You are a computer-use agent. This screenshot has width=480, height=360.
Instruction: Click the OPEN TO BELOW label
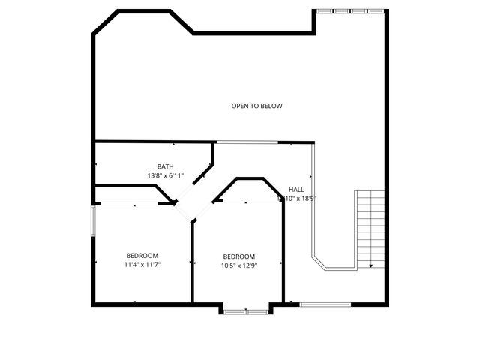[256, 106]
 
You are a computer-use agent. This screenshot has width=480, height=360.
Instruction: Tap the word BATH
[165, 166]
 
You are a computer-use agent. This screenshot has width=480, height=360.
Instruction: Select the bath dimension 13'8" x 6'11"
[165, 176]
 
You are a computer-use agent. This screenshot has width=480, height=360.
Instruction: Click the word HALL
[296, 190]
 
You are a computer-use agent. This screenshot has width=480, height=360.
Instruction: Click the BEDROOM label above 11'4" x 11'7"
[142, 255]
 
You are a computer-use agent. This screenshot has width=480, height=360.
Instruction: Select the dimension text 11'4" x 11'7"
[142, 265]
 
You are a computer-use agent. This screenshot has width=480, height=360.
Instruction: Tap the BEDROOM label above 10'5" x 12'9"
[238, 256]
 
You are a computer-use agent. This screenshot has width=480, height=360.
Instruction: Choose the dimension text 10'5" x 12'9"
[238, 265]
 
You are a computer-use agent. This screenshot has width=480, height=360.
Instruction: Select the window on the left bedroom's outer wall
[93, 222]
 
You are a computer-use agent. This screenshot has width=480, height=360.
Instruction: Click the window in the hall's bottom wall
[325, 304]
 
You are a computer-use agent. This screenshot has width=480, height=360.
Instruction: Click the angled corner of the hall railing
[320, 262]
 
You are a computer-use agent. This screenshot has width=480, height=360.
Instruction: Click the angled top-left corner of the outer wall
[105, 21]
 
